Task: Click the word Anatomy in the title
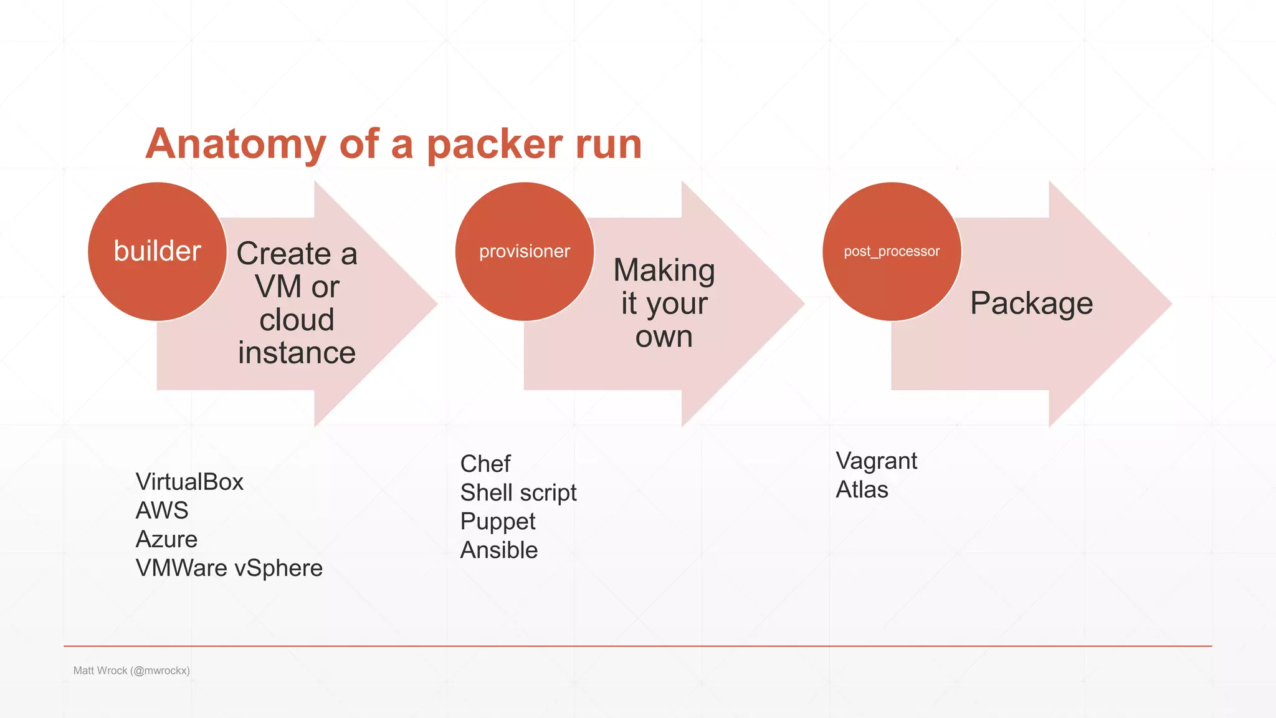pyautogui.click(x=236, y=145)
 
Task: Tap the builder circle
pyautogui.click(x=157, y=251)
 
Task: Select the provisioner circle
pyautogui.click(x=524, y=251)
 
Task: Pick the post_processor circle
pyautogui.click(x=892, y=251)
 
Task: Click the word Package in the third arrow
pyautogui.click(x=1031, y=304)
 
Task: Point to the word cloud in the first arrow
pyautogui.click(x=297, y=320)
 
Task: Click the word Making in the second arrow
pyautogui.click(x=664, y=270)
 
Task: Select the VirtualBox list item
pyautogui.click(x=189, y=482)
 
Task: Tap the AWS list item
pyautogui.click(x=162, y=510)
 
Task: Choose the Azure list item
pyautogui.click(x=166, y=539)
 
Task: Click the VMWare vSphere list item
pyautogui.click(x=229, y=568)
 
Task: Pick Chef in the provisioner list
pyautogui.click(x=485, y=464)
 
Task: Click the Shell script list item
pyautogui.click(x=518, y=492)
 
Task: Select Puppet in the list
pyautogui.click(x=498, y=521)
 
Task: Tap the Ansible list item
pyautogui.click(x=499, y=550)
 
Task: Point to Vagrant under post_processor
pyautogui.click(x=876, y=461)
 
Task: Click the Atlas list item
pyautogui.click(x=862, y=490)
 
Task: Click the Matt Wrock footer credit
pyautogui.click(x=131, y=671)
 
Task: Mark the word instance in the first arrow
pyautogui.click(x=297, y=353)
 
